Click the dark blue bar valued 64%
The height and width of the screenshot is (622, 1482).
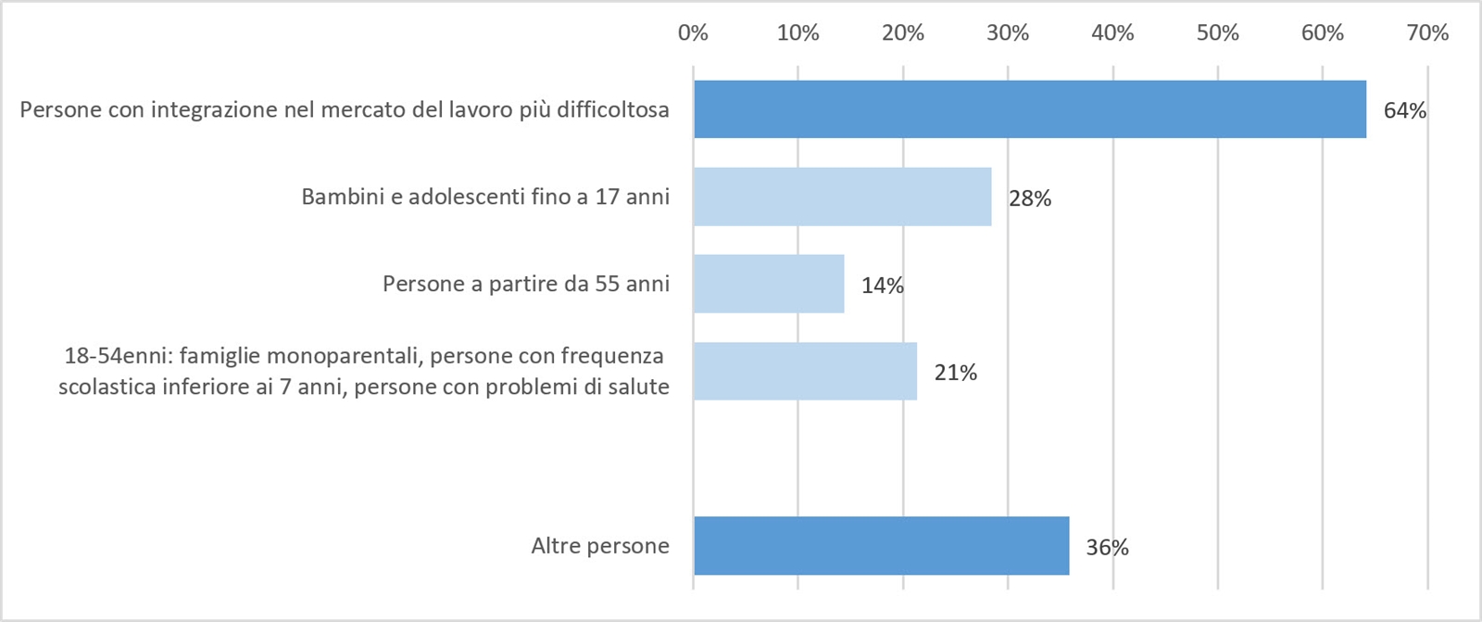(1029, 109)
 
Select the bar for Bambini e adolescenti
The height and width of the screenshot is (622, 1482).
(842, 197)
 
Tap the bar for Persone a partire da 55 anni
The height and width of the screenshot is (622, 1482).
(769, 284)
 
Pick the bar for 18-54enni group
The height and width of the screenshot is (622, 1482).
(805, 371)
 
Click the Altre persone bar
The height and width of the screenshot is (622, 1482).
(881, 546)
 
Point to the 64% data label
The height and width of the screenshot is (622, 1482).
(1404, 110)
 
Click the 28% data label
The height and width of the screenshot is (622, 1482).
(1030, 198)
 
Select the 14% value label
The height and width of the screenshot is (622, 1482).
(882, 286)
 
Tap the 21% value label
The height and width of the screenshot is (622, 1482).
(955, 373)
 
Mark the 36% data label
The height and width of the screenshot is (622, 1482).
(1107, 548)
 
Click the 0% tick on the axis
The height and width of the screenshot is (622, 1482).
(693, 33)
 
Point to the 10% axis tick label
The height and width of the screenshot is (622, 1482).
(798, 33)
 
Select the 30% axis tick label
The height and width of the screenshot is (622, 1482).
(1008, 33)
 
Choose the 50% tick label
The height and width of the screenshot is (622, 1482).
(1217, 33)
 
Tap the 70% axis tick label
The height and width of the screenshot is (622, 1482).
(1427, 33)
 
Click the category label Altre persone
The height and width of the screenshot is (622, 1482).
(600, 546)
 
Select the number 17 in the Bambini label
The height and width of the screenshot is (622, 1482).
(607, 197)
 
